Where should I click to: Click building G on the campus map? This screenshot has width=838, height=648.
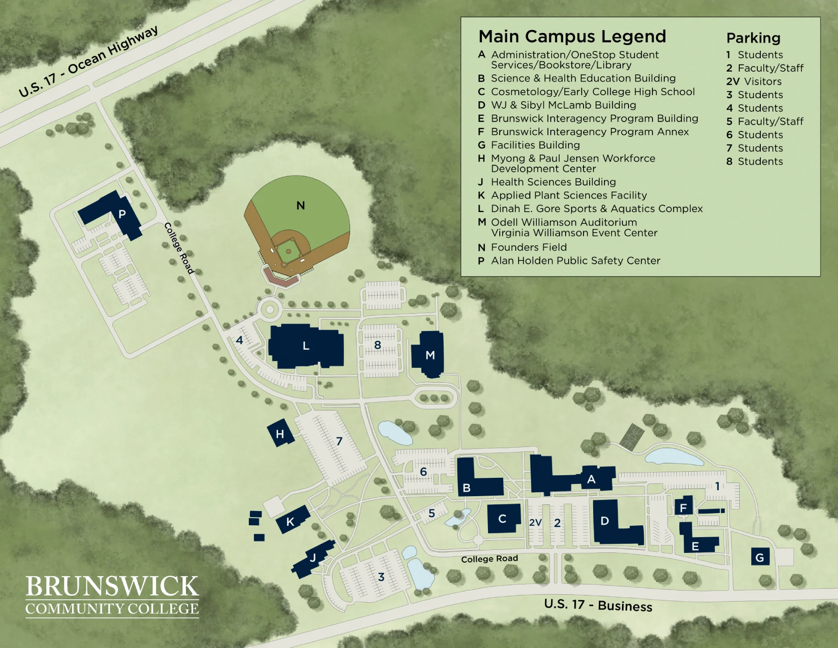760,556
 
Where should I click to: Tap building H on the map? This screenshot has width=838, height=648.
280,433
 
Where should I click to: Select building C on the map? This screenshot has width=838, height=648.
503,518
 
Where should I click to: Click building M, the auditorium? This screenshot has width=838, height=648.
429,354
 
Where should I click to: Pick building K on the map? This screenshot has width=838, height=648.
292,520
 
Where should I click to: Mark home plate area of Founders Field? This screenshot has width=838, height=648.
284,264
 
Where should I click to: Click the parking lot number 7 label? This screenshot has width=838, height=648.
339,441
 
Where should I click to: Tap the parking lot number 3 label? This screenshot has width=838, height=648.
381,577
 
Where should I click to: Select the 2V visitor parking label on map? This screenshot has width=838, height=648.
535,523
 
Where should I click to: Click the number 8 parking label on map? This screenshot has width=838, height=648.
378,345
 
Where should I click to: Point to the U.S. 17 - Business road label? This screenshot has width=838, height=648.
598,605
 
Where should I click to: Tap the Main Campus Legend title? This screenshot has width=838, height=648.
572,37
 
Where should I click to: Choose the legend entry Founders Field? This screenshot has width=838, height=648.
529,247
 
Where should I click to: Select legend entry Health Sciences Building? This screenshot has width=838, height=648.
553,182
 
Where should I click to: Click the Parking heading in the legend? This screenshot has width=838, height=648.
753,38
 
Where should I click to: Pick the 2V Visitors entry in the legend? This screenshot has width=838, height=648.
754,82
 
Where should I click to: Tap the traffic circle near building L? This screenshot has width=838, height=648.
270,309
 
